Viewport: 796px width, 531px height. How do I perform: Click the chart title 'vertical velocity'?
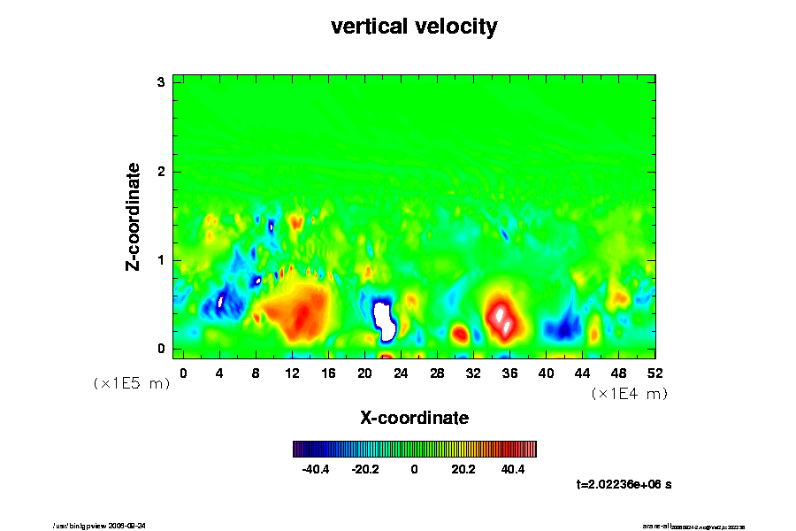pos(414,27)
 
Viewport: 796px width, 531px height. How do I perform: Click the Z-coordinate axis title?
pos(133,216)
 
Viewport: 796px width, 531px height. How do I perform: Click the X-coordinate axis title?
pos(414,417)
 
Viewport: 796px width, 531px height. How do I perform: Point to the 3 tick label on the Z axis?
pos(162,82)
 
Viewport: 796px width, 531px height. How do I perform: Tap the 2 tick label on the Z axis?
pos(162,171)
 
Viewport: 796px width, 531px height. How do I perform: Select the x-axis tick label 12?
pos(292,373)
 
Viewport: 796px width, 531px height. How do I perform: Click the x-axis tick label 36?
pos(509,373)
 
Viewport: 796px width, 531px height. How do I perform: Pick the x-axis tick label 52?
pos(654,373)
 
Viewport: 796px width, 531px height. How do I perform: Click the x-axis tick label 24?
pos(401,373)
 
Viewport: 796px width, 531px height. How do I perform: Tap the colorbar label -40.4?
pos(316,469)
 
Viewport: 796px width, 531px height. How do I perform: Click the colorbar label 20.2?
pos(463,469)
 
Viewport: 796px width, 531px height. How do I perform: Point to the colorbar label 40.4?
pos(513,469)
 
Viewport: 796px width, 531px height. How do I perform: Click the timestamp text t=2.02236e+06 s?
pos(624,484)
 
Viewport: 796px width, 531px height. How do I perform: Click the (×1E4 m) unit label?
pos(629,394)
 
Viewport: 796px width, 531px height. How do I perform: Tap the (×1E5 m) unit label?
pos(132,383)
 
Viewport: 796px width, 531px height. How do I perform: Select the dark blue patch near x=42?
pos(561,329)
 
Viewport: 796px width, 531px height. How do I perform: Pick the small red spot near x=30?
pos(460,335)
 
